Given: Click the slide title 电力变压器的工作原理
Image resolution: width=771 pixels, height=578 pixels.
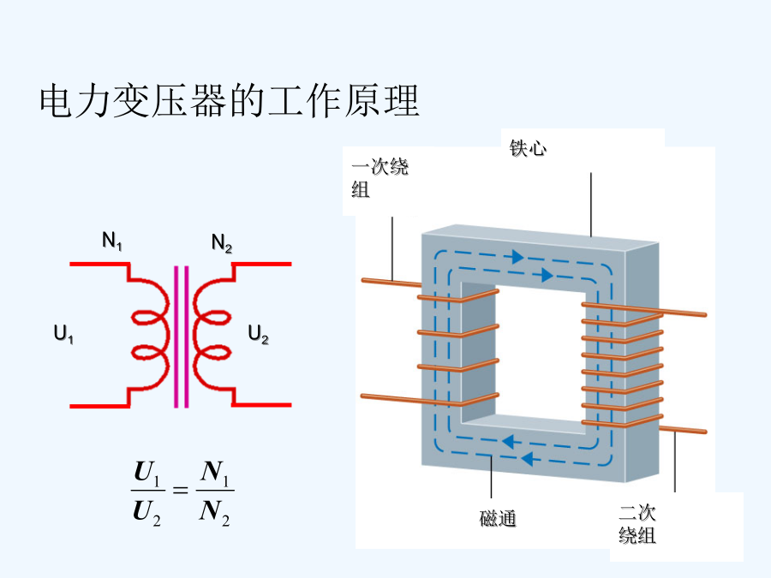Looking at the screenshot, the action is (x=229, y=101).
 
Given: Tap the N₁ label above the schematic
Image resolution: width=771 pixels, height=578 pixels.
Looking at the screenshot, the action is (x=112, y=241).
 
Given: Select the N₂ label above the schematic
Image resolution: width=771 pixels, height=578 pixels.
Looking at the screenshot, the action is (x=222, y=243).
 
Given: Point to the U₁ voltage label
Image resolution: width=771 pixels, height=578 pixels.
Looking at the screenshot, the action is (x=63, y=334).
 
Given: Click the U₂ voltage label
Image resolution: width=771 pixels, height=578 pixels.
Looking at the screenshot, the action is (x=258, y=335).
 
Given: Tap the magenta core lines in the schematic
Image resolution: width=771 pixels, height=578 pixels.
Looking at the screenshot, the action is (x=182, y=337).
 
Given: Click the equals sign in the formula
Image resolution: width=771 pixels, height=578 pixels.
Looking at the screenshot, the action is (x=181, y=490).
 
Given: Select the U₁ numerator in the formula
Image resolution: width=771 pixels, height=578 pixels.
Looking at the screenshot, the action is (x=147, y=473).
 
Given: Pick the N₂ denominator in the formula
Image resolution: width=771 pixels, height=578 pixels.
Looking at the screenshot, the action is (x=214, y=512).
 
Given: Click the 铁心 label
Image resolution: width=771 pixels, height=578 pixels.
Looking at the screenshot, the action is (x=528, y=148).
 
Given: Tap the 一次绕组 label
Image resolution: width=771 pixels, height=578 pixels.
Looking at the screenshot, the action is (x=380, y=177).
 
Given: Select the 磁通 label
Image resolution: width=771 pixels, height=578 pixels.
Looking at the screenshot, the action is (x=498, y=519).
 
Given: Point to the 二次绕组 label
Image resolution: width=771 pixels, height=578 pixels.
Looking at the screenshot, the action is (x=637, y=524).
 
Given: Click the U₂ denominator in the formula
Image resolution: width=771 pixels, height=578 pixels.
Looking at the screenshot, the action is (x=146, y=512).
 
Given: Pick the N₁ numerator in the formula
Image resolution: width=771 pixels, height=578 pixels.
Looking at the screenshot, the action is (x=215, y=473).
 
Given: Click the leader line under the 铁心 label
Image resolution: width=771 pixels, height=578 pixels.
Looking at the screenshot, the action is (x=590, y=205).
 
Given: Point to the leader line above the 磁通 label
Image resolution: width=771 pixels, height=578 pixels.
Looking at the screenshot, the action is (x=491, y=477).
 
